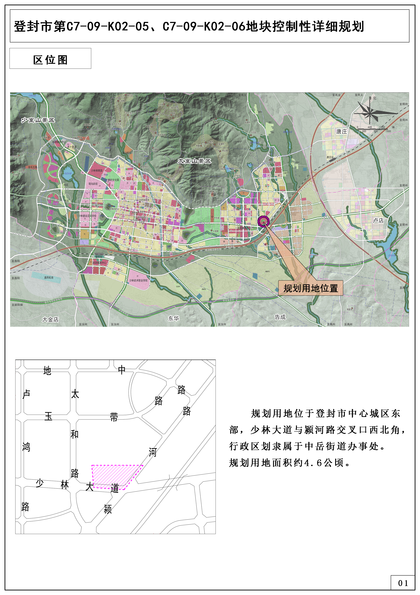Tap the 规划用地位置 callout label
pos(310,288)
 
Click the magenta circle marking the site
pos(263,221)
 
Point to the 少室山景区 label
pos(38,120)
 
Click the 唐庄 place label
pos(341,131)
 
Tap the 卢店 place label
pos(378,220)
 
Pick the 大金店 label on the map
pos(50,319)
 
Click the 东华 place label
pos(173,318)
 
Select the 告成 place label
pos(280,317)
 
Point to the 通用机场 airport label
pos(49,278)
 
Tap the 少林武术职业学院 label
pos(138,280)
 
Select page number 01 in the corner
pos(403,583)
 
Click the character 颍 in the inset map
pos(108,509)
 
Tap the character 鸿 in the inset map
pos(26,447)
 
